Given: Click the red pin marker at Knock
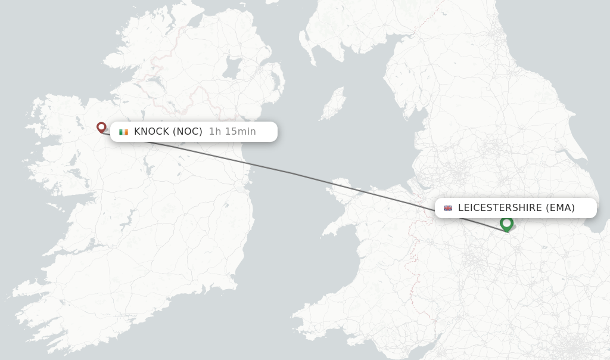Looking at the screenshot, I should (101, 127).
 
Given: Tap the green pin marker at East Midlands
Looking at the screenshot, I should (507, 224).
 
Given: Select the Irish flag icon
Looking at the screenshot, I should (123, 132).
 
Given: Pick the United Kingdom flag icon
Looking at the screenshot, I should (448, 208).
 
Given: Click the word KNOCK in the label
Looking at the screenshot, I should (151, 132).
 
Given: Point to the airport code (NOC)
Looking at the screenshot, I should (188, 132).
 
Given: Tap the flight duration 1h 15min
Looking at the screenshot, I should (232, 132).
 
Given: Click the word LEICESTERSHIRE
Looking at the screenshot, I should (500, 208).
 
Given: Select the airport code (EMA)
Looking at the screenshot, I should (560, 208).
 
